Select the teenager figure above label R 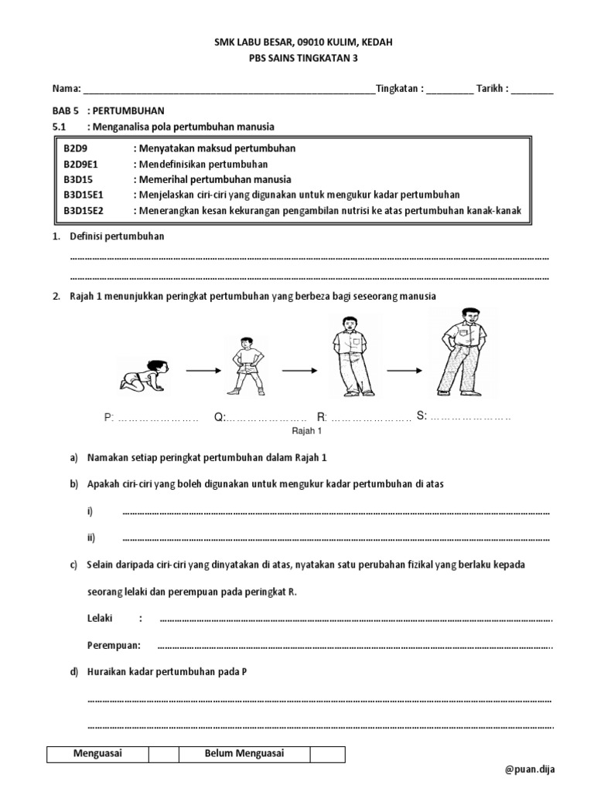(347, 356)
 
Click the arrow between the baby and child (203, 372)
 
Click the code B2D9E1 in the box (87, 165)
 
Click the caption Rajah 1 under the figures (306, 432)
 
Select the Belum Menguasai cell (244, 754)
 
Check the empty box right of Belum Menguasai (327, 754)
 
